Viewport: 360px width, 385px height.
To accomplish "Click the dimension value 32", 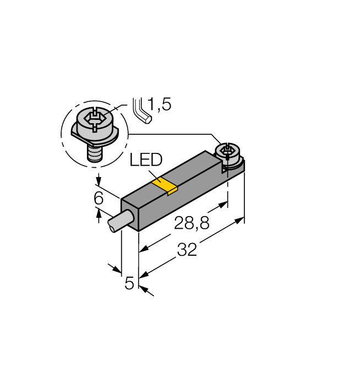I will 187,250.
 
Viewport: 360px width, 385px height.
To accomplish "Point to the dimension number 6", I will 99,199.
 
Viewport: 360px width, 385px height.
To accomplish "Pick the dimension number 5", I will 129,283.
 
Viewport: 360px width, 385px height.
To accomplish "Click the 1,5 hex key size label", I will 160,104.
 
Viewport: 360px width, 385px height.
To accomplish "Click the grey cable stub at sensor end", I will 116,223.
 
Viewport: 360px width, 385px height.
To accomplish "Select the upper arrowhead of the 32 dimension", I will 240,220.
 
